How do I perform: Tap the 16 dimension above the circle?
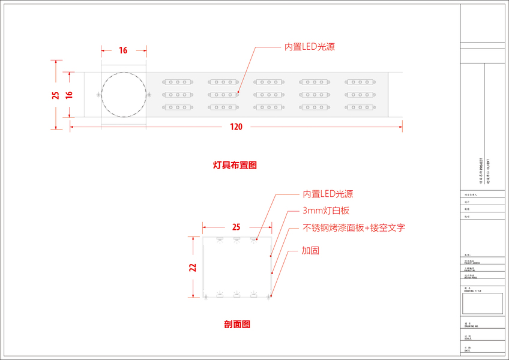[x=123, y=50]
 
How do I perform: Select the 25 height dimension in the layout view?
[x=55, y=95]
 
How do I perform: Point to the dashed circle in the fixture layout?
[x=124, y=95]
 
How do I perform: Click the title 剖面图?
[x=237, y=324]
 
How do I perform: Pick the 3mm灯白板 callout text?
[x=326, y=211]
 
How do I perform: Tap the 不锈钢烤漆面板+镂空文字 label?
[x=354, y=228]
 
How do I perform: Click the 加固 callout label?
[x=310, y=250]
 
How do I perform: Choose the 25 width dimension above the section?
[x=236, y=227]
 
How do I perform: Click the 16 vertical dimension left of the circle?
[x=69, y=95]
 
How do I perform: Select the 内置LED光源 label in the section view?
[x=327, y=194]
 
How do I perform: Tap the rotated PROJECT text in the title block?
[x=481, y=170]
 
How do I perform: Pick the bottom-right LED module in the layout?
[x=360, y=107]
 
